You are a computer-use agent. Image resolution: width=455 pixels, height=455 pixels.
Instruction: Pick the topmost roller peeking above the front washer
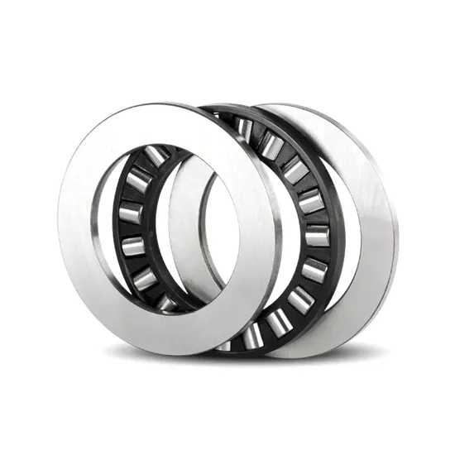click(x=245, y=127)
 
